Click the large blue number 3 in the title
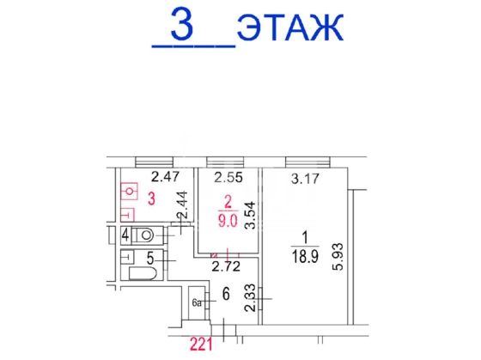(182, 24)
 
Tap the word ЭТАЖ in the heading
(290, 27)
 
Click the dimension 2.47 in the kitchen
(165, 177)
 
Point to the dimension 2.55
(228, 177)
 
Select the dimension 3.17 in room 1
(305, 179)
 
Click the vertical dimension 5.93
(338, 257)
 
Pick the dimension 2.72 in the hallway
(227, 266)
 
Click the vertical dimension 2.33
(250, 297)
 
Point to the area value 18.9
(305, 256)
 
